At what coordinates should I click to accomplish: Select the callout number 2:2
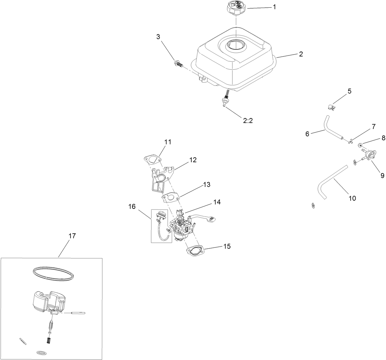click(x=248, y=121)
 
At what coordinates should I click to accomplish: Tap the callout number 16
click(x=132, y=206)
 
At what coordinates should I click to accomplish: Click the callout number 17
click(x=72, y=236)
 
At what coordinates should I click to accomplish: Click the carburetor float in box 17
click(x=46, y=301)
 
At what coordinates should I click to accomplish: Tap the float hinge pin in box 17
click(x=78, y=313)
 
